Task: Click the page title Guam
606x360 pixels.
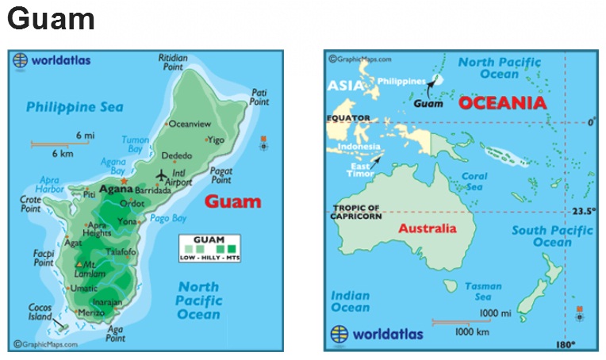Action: [x=52, y=19]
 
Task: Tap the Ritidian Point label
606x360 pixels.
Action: [x=173, y=63]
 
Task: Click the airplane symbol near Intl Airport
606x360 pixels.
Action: [x=163, y=174]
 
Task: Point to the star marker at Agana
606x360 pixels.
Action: [x=124, y=182]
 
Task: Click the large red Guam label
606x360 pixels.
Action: [x=232, y=201]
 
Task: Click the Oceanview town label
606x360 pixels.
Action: [x=190, y=124]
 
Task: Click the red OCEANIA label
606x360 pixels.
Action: [x=503, y=102]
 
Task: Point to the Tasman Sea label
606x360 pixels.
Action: [x=483, y=291]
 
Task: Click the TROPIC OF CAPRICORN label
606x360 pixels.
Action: [x=355, y=212]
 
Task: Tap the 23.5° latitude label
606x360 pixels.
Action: [x=583, y=212]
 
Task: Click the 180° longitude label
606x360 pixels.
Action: [x=565, y=344]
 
